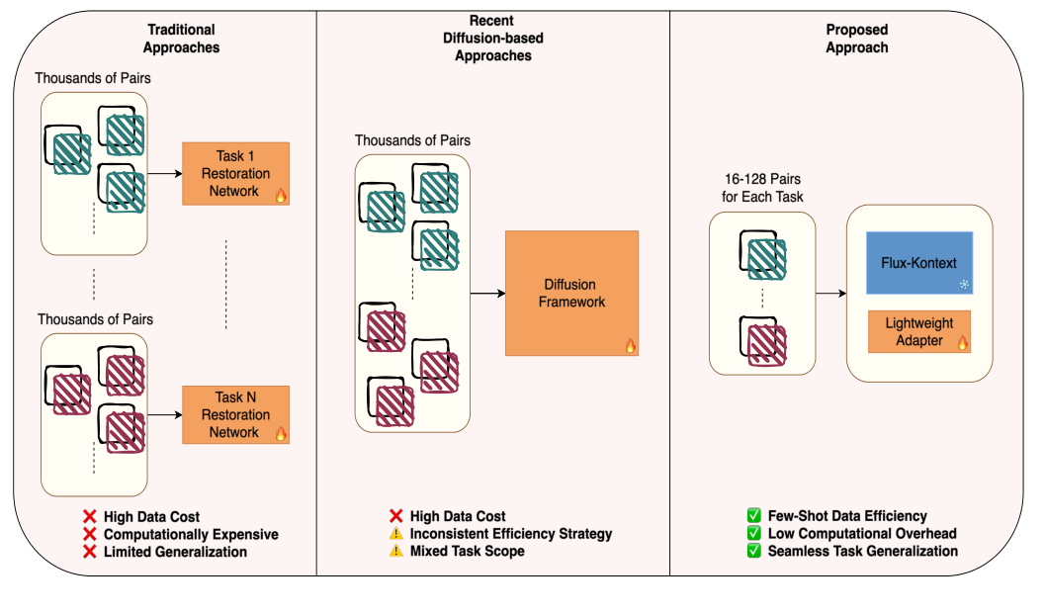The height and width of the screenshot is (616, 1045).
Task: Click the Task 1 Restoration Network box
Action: [235, 173]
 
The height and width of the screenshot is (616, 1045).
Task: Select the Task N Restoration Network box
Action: [235, 414]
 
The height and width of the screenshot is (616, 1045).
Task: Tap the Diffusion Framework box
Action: [571, 293]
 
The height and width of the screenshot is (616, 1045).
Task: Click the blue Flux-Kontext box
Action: [919, 263]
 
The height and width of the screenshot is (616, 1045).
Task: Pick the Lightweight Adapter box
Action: [919, 331]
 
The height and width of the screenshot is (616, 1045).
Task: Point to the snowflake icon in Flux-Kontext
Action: [964, 285]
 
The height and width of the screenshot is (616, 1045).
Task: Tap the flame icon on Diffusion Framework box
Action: [630, 345]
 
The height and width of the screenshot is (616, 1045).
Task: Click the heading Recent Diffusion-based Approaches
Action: [492, 39]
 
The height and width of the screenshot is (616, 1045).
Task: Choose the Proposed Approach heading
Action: [857, 39]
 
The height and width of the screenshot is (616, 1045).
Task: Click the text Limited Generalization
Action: [175, 552]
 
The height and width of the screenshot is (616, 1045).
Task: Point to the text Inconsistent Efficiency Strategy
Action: [511, 534]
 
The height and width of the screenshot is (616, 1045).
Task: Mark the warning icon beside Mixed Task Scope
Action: [395, 551]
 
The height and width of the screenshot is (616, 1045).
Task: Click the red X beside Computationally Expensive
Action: [89, 534]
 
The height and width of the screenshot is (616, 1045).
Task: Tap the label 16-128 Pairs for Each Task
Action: [762, 188]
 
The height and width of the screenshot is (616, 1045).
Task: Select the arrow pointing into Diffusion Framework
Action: [486, 293]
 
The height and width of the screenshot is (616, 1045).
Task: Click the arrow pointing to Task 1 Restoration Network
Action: [164, 173]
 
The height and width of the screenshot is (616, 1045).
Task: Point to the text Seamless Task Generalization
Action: [862, 551]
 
